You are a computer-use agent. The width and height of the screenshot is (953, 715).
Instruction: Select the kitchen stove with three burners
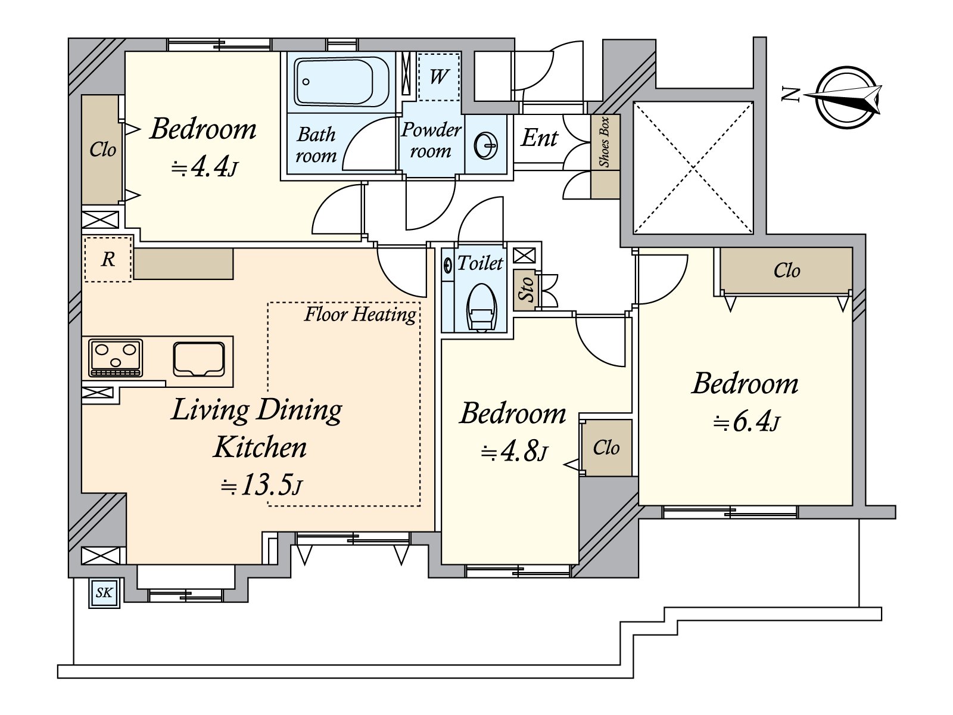[x=115, y=358]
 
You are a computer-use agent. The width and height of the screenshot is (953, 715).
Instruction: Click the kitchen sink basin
[x=199, y=359]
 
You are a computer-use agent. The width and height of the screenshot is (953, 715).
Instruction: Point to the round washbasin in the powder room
[x=486, y=145]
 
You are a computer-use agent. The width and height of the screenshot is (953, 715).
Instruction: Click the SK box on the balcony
[x=104, y=593]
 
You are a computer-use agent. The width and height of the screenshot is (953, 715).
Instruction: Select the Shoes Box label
[x=604, y=142]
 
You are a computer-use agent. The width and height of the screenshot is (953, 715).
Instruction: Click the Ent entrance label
[x=539, y=138]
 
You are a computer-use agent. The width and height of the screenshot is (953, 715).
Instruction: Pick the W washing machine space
[x=438, y=76]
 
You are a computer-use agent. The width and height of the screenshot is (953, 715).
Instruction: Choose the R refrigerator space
[x=108, y=259]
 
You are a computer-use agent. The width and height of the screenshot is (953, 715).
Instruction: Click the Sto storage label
[x=526, y=289]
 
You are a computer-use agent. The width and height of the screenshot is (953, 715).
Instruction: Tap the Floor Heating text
[x=360, y=315]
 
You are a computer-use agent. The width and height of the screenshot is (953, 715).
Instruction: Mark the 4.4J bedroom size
[x=205, y=166]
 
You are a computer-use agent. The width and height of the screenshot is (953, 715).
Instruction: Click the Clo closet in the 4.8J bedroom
[x=606, y=447]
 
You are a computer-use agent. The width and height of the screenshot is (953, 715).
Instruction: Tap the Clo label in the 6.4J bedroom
[x=787, y=271]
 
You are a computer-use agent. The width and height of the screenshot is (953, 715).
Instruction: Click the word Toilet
[x=480, y=263]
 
